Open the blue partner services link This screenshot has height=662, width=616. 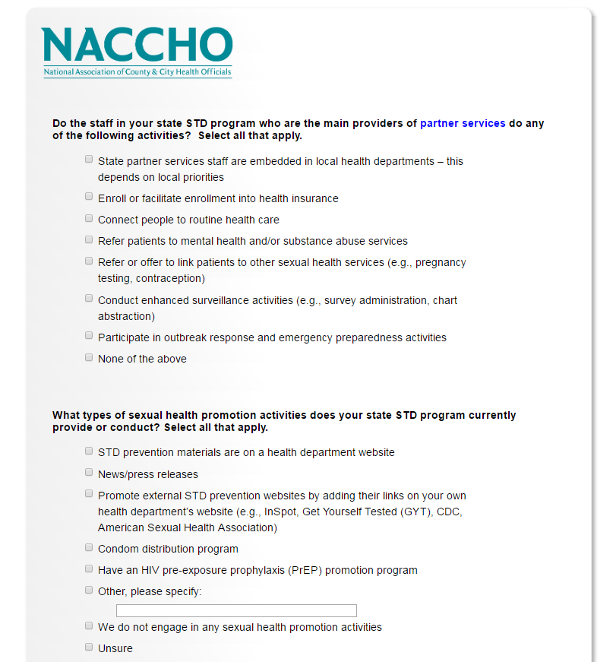(462, 123)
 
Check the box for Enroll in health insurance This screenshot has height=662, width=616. (89, 197)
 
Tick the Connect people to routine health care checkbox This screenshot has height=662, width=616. (89, 218)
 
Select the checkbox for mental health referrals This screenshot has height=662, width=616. (89, 239)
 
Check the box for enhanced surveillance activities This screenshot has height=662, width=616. (89, 299)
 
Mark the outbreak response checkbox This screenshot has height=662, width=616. (89, 336)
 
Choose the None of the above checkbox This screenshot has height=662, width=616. (89, 357)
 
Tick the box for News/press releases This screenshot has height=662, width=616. (89, 473)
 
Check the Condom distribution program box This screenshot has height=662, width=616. (89, 547)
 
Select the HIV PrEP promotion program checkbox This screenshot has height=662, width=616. (89, 569)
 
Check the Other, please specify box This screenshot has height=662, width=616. (89, 590)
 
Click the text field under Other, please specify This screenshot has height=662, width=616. (236, 610)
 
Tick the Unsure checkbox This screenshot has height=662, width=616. (89, 647)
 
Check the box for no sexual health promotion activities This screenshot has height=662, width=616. (89, 626)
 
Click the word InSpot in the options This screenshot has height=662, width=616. (280, 512)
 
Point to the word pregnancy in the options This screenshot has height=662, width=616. (441, 262)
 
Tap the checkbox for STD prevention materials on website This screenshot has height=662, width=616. (89, 451)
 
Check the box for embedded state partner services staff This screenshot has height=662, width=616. (89, 160)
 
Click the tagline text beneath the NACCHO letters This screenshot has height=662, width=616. (137, 72)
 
